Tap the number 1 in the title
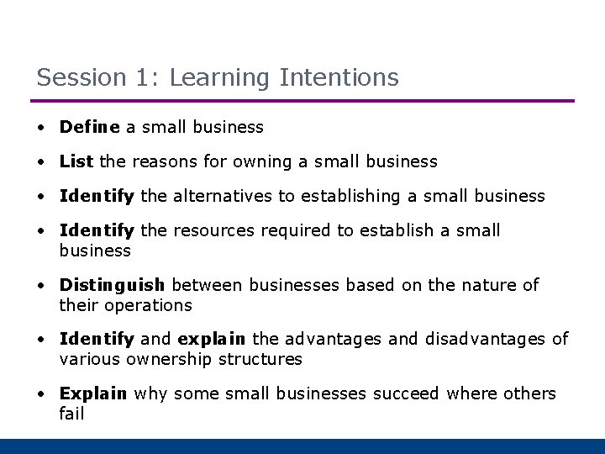(x=140, y=78)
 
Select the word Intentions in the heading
(x=338, y=78)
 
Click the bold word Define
(x=90, y=127)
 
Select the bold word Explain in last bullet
(x=93, y=393)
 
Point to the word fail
(x=71, y=414)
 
